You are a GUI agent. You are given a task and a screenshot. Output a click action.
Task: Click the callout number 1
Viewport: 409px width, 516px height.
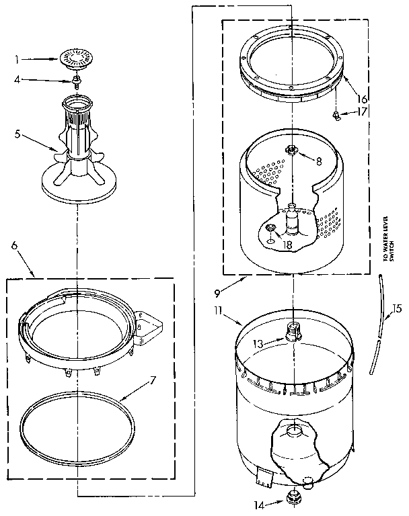[17, 59]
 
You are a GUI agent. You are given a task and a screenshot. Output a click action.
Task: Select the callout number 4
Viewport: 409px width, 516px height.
[17, 80]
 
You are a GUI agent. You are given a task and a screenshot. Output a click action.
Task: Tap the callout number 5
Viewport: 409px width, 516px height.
[17, 134]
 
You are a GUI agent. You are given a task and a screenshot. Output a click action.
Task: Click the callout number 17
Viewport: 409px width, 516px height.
[363, 113]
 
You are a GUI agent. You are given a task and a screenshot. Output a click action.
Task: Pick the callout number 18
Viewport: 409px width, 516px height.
[287, 245]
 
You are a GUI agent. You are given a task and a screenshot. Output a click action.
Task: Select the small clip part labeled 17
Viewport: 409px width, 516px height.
[336, 115]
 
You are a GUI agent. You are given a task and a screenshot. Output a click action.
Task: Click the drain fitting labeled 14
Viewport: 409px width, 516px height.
[293, 498]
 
